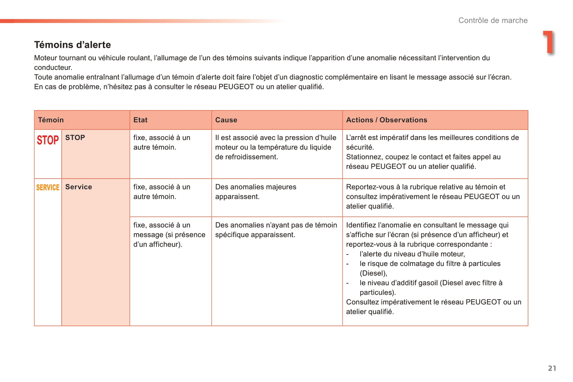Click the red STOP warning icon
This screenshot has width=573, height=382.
(48, 140)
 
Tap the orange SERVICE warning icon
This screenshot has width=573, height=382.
(48, 187)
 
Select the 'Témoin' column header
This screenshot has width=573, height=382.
(51, 120)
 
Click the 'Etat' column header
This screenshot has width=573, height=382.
(140, 120)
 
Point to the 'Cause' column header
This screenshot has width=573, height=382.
(226, 120)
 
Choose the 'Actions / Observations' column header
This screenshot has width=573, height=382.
(387, 120)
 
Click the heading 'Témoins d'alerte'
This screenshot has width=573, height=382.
(72, 45)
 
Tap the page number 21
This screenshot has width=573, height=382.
(552, 368)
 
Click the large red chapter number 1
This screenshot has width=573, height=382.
(548, 42)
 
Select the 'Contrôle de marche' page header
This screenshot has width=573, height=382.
(493, 20)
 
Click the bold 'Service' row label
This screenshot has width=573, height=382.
(79, 187)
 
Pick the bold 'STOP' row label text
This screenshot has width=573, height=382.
(75, 137)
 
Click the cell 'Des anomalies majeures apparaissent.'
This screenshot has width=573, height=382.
(256, 192)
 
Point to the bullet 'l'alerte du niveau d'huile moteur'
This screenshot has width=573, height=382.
(412, 254)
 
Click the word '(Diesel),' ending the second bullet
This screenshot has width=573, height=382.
(373, 273)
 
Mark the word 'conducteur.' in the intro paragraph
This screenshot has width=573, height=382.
(53, 68)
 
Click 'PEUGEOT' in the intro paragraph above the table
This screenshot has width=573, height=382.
(236, 87)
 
